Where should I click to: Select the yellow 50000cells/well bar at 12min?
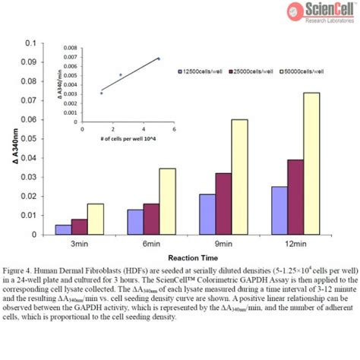[311, 163]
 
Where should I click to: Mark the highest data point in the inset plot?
[159, 58]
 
